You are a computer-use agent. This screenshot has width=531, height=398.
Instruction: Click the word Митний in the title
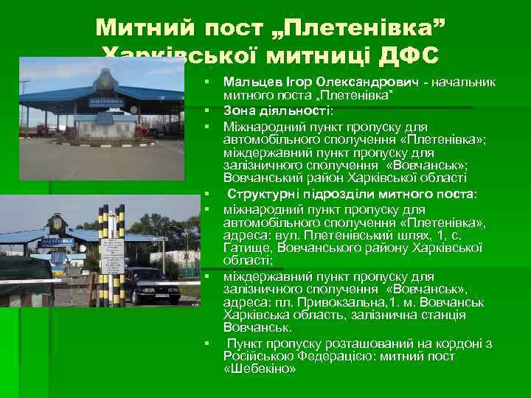[141, 29]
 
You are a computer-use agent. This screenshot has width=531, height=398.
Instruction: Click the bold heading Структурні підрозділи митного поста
[352, 194]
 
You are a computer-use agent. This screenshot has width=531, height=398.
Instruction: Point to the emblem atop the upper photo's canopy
[103, 77]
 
